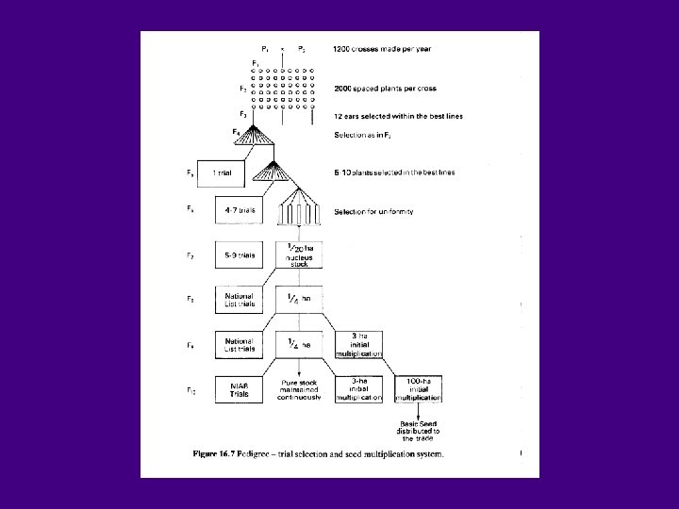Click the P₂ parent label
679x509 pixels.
300,48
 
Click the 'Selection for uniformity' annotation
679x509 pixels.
373,213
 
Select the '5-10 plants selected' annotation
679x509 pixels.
395,173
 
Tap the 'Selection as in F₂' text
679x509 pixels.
368,135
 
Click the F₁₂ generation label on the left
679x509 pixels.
190,387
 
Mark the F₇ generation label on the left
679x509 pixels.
190,255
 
